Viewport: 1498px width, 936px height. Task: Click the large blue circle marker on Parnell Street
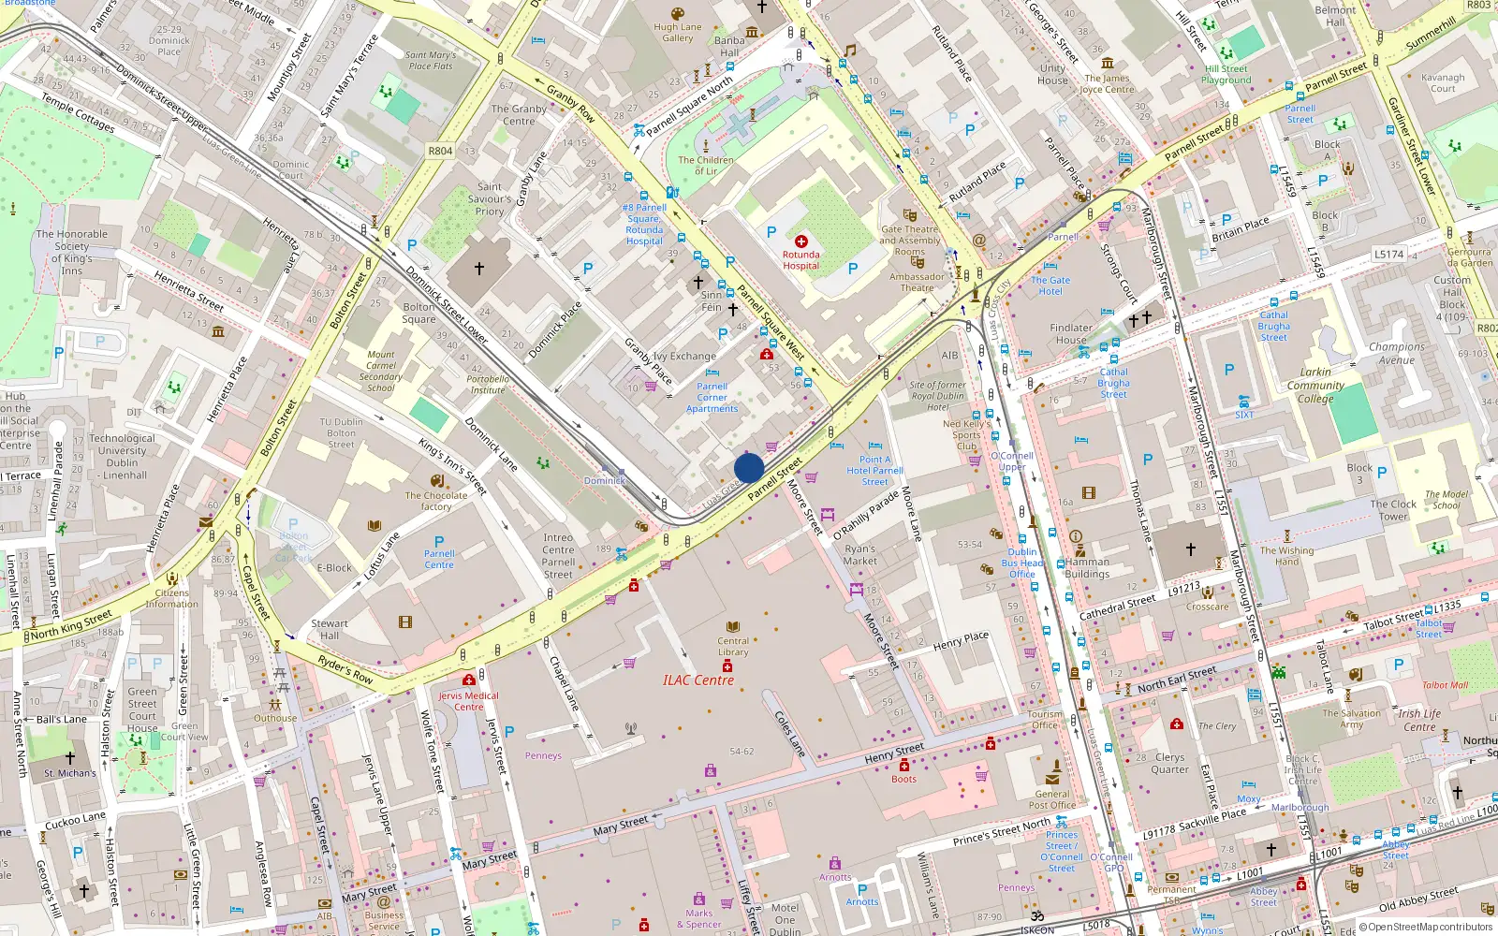[x=749, y=468]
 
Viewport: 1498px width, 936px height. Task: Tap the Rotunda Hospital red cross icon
[x=800, y=241]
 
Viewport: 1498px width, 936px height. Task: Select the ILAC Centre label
[x=698, y=680]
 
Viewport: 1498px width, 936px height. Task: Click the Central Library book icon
[x=733, y=626]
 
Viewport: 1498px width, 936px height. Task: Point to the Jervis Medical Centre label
[x=469, y=701]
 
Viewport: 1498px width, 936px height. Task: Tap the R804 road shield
[x=440, y=151]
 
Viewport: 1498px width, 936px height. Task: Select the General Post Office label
[x=1051, y=799]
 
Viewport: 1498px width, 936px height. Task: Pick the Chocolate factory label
[x=435, y=501]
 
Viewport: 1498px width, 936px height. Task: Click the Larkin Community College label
[x=1315, y=385]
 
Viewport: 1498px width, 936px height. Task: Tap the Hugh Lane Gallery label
[x=678, y=33]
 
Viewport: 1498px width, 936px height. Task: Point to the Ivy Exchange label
[x=684, y=356]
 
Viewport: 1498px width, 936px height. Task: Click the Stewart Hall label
[x=330, y=629]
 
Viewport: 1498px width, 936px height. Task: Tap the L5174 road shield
[x=1389, y=254]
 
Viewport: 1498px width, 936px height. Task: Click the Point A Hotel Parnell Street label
[x=874, y=471]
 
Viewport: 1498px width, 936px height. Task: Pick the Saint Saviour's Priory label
[x=490, y=198]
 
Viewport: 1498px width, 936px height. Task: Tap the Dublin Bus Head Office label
[x=1022, y=563]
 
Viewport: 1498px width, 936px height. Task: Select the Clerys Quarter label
[x=1169, y=763]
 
